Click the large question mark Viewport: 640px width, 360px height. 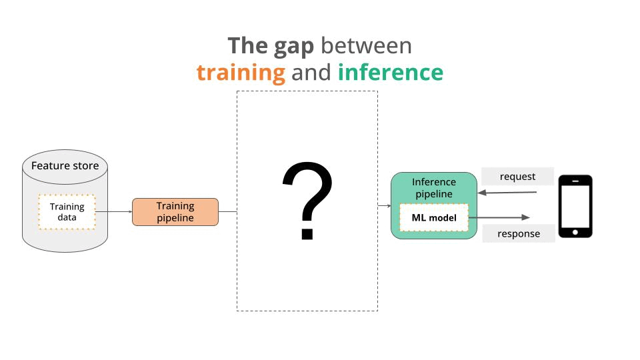coord(307,201)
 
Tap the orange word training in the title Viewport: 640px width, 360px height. coord(241,72)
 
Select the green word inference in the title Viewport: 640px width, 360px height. coord(390,72)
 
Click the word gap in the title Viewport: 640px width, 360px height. coord(291,46)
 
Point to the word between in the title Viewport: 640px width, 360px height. coord(366,45)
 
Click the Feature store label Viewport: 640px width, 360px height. coord(65,165)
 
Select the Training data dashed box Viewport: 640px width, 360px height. coord(67,212)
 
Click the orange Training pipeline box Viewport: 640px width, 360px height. coord(175,212)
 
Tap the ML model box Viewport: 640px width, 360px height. coord(434,218)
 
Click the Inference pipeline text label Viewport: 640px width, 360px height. coord(434,187)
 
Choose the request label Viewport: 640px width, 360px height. coord(517,177)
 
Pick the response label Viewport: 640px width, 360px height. coord(519,233)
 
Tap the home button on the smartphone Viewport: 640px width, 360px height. coord(575,232)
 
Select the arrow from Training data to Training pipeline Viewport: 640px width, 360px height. coord(113,212)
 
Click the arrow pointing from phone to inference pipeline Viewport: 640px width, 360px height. coord(508,193)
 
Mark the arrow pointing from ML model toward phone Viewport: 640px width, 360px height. coord(500,217)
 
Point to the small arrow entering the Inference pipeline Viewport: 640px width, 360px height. coord(385,206)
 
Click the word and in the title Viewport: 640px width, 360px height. coord(311,72)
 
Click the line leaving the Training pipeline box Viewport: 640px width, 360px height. coord(227,212)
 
